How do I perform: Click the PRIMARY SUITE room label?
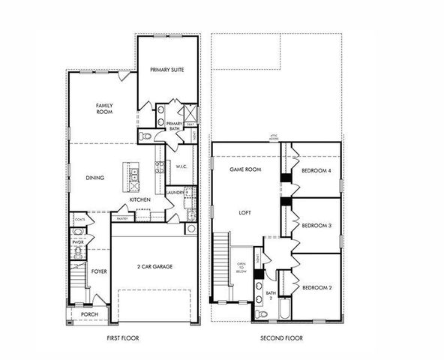coord(167,70)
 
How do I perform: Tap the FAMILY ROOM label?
coord(104,109)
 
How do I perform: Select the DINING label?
coord(94,178)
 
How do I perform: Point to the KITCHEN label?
coord(140,200)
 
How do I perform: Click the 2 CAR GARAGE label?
coord(156,266)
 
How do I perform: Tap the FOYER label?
coord(99,271)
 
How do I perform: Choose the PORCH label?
coord(89,314)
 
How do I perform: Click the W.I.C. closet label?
coord(181,166)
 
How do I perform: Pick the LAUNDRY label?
coord(175,193)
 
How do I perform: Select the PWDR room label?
coord(78,242)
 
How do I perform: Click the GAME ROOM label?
coord(244,170)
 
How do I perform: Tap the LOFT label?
coord(244,212)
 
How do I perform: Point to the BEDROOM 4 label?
coord(316,170)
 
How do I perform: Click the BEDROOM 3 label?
coord(316,225)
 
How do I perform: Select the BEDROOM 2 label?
coord(316,287)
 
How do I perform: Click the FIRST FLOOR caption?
coord(123,338)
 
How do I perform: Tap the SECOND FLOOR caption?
coord(282,338)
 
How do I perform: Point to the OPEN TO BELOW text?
coord(241,268)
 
